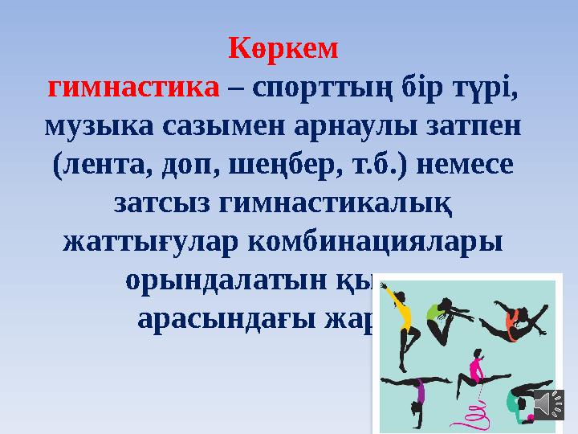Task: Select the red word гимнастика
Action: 133,88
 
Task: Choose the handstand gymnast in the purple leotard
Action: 414,394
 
